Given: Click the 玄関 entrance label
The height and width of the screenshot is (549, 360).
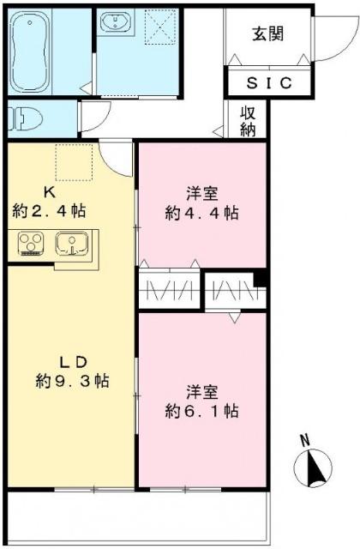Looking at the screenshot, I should [x=268, y=34].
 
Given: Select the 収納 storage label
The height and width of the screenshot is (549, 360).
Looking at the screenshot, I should [x=249, y=121].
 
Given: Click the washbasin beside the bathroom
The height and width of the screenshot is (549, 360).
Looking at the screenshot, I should [x=115, y=25].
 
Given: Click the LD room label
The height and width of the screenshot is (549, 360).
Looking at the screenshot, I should [x=71, y=359].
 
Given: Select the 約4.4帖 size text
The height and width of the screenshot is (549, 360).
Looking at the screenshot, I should [x=202, y=214].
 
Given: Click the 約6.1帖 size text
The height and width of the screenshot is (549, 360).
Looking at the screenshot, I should [x=201, y=412].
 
